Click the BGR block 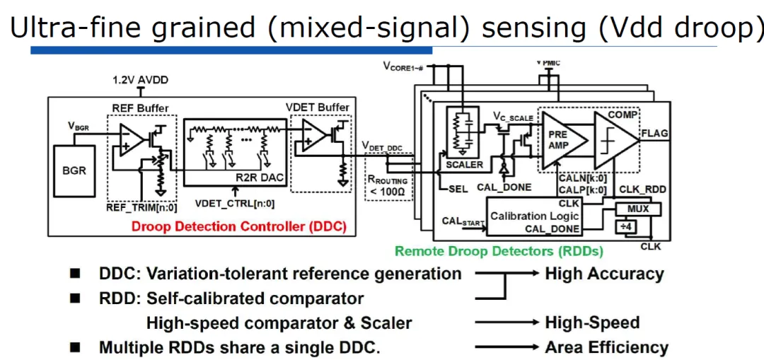point(74,170)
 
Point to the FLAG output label point(655,133)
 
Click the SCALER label point(464,165)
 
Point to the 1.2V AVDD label point(140,80)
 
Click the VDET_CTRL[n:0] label point(235,203)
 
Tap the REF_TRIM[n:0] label point(141,207)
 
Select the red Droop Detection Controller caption point(239,226)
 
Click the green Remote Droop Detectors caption point(499,251)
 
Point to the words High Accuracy point(604,274)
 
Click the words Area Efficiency point(606,348)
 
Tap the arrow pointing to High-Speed point(507,323)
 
